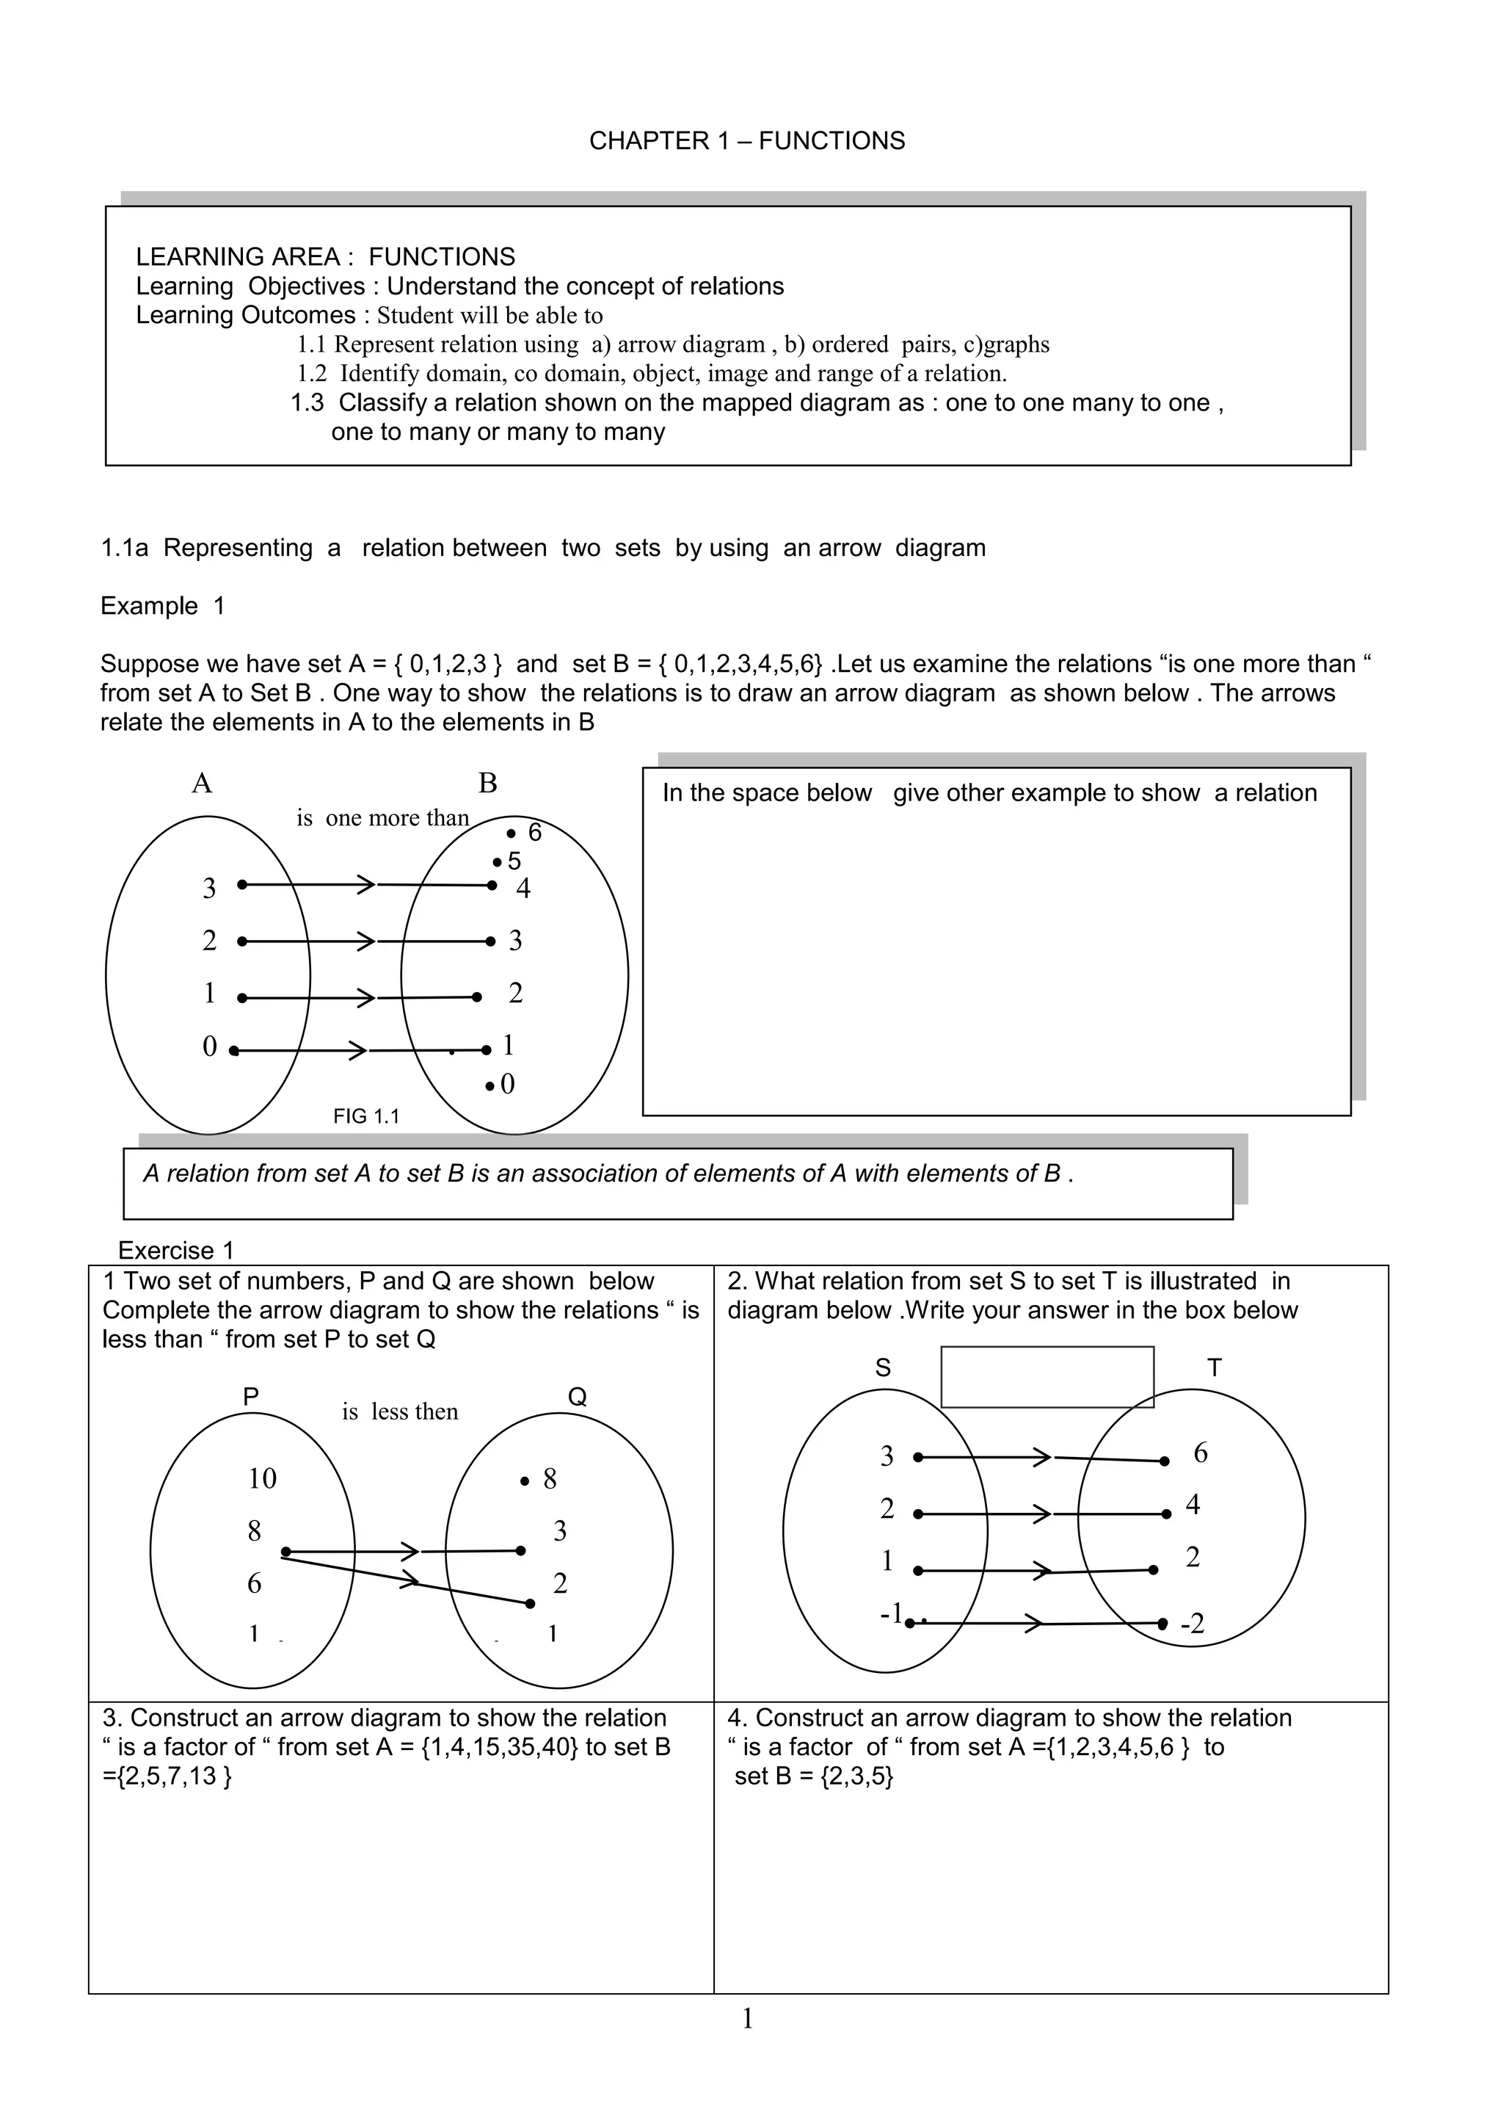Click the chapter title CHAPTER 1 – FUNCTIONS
click(747, 141)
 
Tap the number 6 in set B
click(534, 833)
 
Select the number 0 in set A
click(209, 1046)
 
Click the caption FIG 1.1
click(365, 1116)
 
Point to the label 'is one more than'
click(382, 817)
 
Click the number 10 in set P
click(262, 1479)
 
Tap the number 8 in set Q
click(550, 1479)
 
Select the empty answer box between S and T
click(1047, 1377)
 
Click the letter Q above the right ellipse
click(577, 1398)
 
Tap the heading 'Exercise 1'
click(176, 1251)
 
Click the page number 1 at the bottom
click(748, 2019)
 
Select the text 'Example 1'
click(162, 606)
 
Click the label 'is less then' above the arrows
click(400, 1411)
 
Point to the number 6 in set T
click(1201, 1453)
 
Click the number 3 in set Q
click(559, 1530)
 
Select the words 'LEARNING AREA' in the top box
click(237, 256)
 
